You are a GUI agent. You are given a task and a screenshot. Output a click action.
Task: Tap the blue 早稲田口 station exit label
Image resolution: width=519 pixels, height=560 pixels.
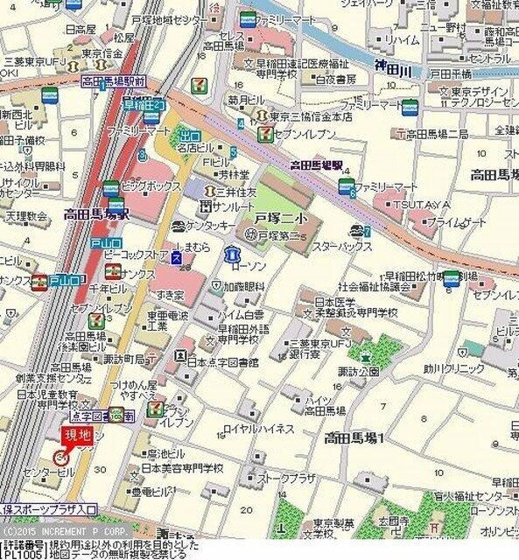144,105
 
